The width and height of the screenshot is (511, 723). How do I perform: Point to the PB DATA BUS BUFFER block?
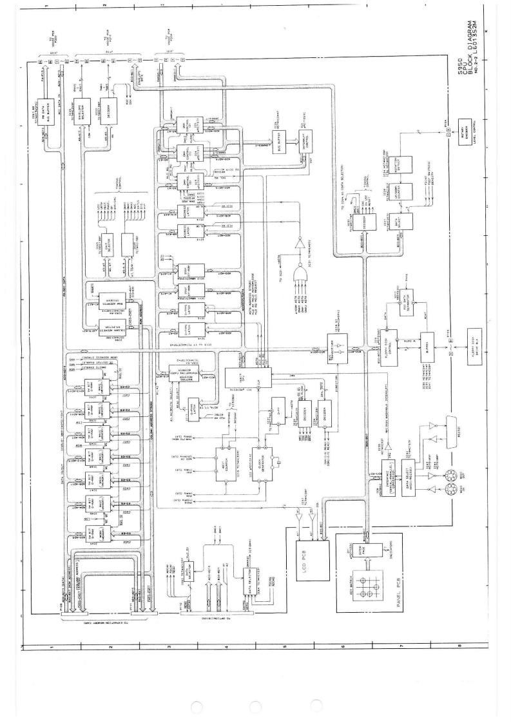[44, 105]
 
